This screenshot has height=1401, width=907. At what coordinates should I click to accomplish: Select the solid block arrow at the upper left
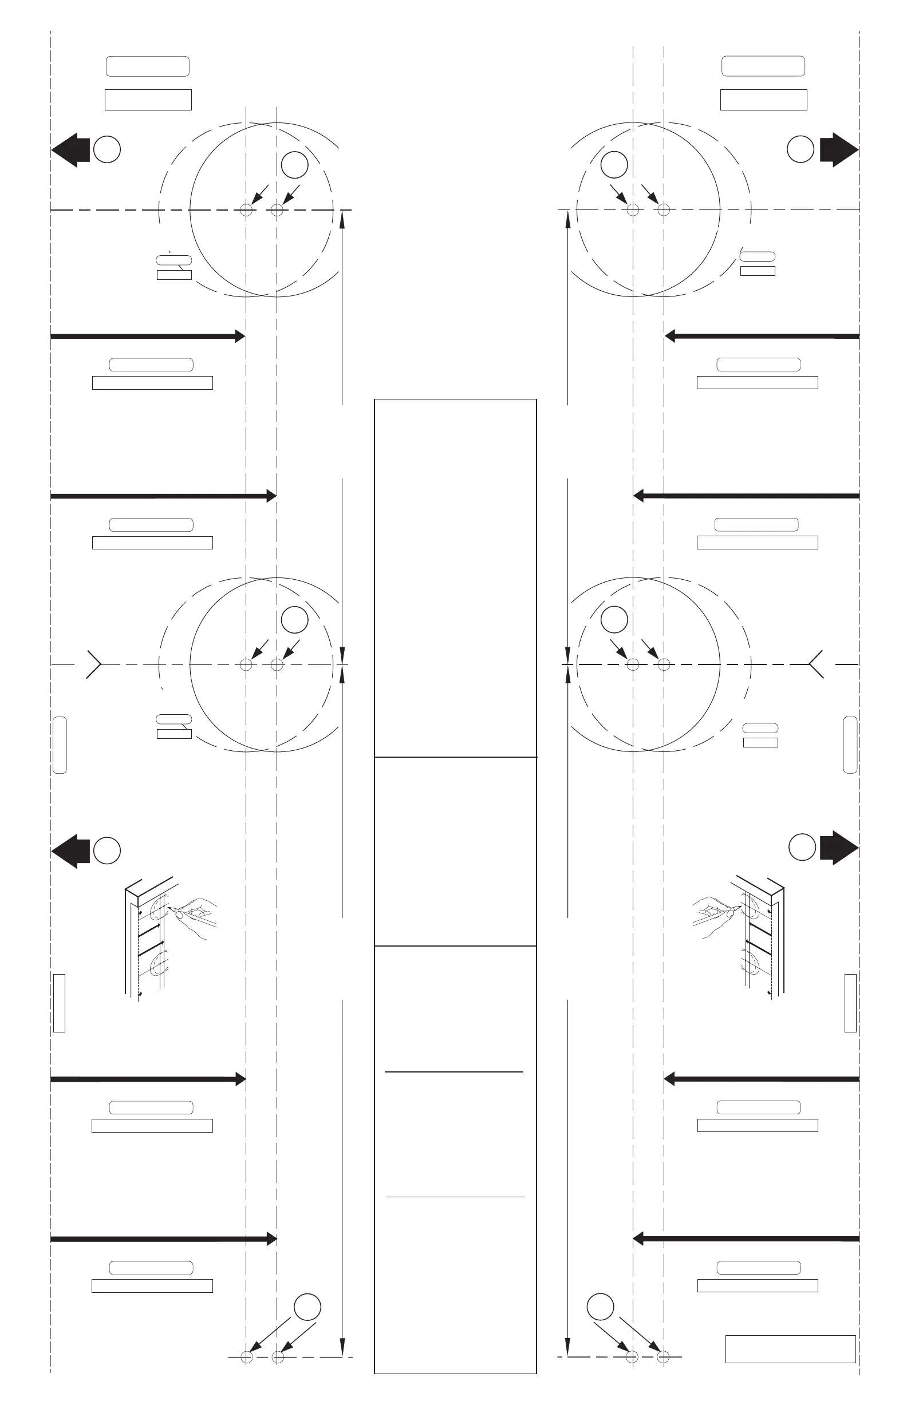[70, 149]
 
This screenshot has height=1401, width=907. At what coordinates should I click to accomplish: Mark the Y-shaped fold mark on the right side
[816, 664]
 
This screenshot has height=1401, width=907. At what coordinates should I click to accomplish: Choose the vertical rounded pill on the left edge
[60, 745]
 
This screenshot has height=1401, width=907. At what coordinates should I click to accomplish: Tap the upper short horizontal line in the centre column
[454, 1071]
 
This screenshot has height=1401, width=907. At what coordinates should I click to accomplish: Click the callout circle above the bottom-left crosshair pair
[307, 1307]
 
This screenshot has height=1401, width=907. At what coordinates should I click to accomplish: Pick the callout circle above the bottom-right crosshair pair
[600, 1307]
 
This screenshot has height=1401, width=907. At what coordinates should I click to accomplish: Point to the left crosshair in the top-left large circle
[246, 209]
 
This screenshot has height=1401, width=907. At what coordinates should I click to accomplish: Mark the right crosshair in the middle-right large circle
[664, 664]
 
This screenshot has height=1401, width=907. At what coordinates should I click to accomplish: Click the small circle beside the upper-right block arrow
[800, 149]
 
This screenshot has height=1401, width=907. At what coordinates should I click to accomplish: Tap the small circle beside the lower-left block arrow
[107, 850]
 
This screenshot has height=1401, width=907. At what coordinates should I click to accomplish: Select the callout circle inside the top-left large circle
[294, 165]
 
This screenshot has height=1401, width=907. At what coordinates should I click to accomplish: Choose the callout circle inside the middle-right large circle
[614, 619]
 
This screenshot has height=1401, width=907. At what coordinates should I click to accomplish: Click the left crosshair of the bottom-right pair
[632, 1357]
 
